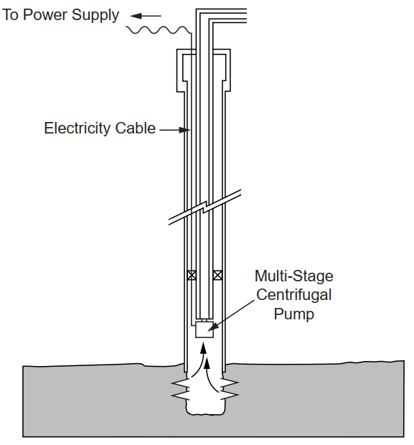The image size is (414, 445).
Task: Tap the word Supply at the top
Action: coord(95,16)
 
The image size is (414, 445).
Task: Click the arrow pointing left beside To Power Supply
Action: coord(146,16)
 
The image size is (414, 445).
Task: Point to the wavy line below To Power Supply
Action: coord(159,30)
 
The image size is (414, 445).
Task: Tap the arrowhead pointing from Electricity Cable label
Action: coord(184,130)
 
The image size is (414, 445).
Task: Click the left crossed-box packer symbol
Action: coord(192,275)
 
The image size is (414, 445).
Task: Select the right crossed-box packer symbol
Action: coord(217,275)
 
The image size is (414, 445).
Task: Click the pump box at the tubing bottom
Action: coord(204,329)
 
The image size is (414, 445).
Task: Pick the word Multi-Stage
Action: coord(293,276)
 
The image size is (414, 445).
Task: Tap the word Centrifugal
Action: coord(293,295)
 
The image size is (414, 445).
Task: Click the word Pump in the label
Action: coord(293,314)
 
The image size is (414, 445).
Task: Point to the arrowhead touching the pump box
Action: coord(213,327)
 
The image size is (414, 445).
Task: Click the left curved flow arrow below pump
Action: coord(199,360)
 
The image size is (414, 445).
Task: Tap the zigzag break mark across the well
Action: coord(204,207)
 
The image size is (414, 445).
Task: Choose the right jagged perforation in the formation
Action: coord(229,389)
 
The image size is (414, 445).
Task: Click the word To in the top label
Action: coord(10,15)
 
